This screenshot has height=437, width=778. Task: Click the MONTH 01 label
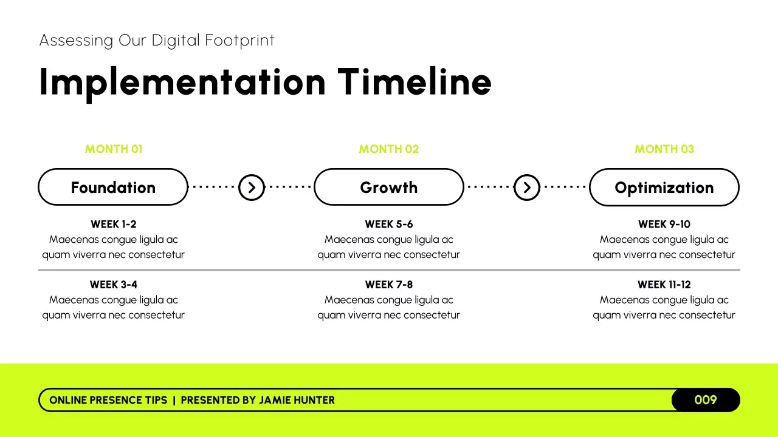114,149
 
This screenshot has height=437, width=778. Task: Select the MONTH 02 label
389,149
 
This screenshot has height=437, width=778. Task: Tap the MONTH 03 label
664,149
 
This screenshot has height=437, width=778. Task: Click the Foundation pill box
113,188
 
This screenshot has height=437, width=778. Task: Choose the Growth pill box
389,188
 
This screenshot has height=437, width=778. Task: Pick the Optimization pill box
664,188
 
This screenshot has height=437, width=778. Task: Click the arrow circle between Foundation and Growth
251,188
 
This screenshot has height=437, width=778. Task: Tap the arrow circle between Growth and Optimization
527,188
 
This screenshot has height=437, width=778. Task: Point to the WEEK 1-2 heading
114,225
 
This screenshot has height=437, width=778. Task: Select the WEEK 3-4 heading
114,285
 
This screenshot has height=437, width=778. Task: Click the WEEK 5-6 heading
389,225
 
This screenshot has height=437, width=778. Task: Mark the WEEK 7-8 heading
389,285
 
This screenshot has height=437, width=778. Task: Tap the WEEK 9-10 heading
664,225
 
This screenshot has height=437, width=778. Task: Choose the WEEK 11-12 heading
664,285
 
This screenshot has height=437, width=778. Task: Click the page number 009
706,400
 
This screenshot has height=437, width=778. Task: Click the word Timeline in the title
415,81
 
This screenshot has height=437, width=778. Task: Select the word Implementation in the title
182,83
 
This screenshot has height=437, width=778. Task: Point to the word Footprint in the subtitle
240,41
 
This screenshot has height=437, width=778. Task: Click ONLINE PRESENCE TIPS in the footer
108,400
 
